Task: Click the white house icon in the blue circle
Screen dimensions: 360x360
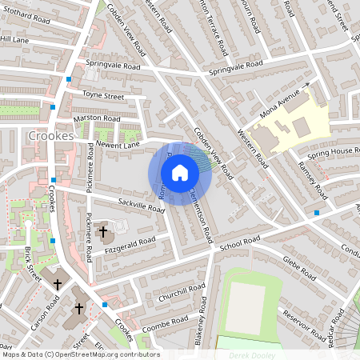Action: [x=180, y=173]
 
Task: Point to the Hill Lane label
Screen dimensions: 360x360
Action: [x=14, y=38]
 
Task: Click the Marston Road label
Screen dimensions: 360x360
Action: [x=96, y=118]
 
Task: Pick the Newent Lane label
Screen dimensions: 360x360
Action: [x=118, y=144]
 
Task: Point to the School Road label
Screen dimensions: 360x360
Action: [x=241, y=242]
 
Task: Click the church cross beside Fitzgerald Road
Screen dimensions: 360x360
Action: [x=102, y=233]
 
